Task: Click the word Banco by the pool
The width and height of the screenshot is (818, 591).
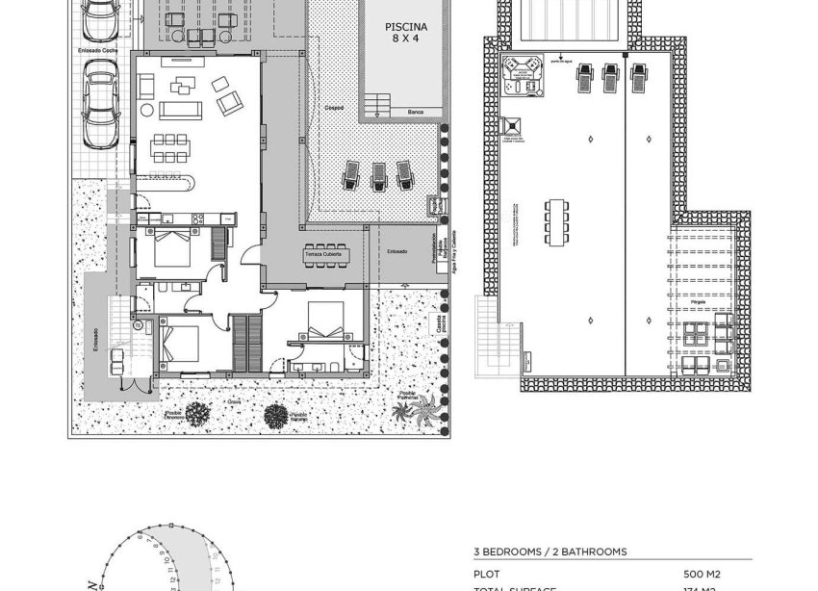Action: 415,113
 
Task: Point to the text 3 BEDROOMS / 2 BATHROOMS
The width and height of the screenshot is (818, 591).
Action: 550,552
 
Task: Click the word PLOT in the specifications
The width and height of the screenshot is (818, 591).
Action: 487,573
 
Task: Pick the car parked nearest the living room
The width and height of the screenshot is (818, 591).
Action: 100,105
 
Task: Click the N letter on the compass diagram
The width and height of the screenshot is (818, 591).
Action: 92,583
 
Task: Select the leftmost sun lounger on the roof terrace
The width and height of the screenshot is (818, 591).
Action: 582,79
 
